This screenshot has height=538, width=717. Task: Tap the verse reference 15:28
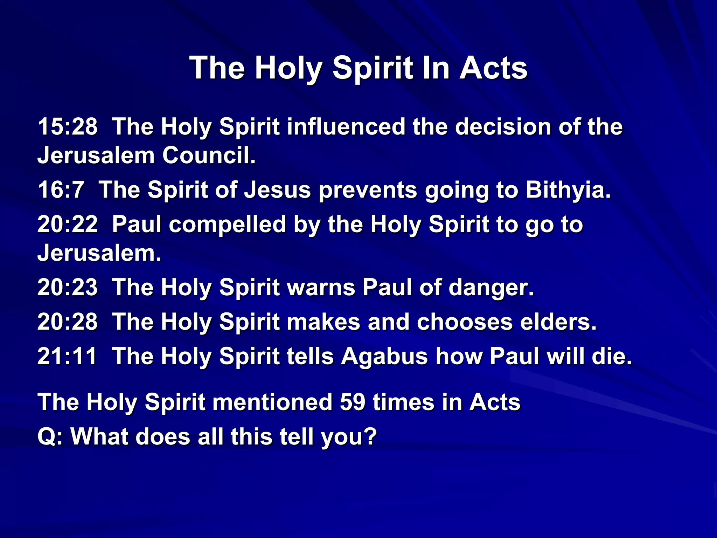point(67,126)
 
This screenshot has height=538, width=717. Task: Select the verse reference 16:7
point(61,190)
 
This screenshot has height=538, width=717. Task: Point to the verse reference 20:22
point(67,224)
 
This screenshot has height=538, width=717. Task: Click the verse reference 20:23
point(67,288)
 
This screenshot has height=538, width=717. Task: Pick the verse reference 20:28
point(67,322)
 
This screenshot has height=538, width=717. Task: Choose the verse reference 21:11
point(67,356)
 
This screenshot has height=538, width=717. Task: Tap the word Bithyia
point(568,190)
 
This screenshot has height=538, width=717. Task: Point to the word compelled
point(228,224)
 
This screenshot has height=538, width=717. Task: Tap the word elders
point(558,322)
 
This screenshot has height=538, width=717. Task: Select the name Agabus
point(384,356)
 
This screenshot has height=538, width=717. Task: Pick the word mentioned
point(272,402)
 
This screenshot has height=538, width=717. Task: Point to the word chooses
point(465,322)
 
